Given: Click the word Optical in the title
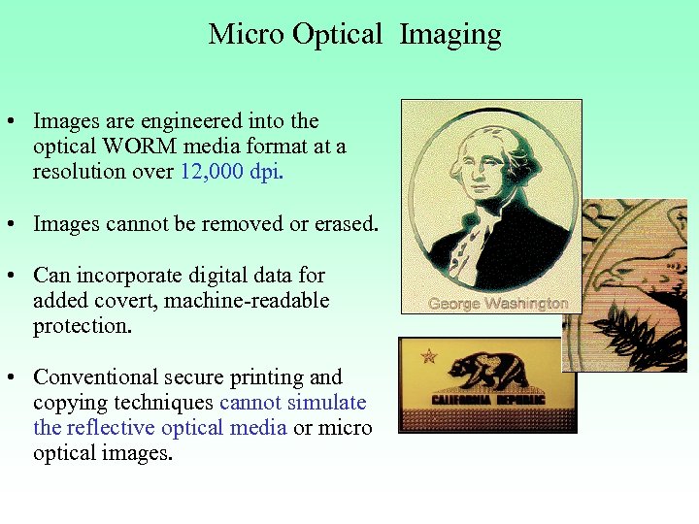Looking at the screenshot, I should (339, 35).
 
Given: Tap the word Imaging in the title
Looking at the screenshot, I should (450, 36).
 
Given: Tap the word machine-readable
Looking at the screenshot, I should (247, 301).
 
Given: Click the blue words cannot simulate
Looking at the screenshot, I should (293, 402).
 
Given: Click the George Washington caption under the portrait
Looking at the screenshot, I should (498, 304).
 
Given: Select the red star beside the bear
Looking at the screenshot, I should (428, 357).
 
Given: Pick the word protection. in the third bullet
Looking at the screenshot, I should (82, 326).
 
